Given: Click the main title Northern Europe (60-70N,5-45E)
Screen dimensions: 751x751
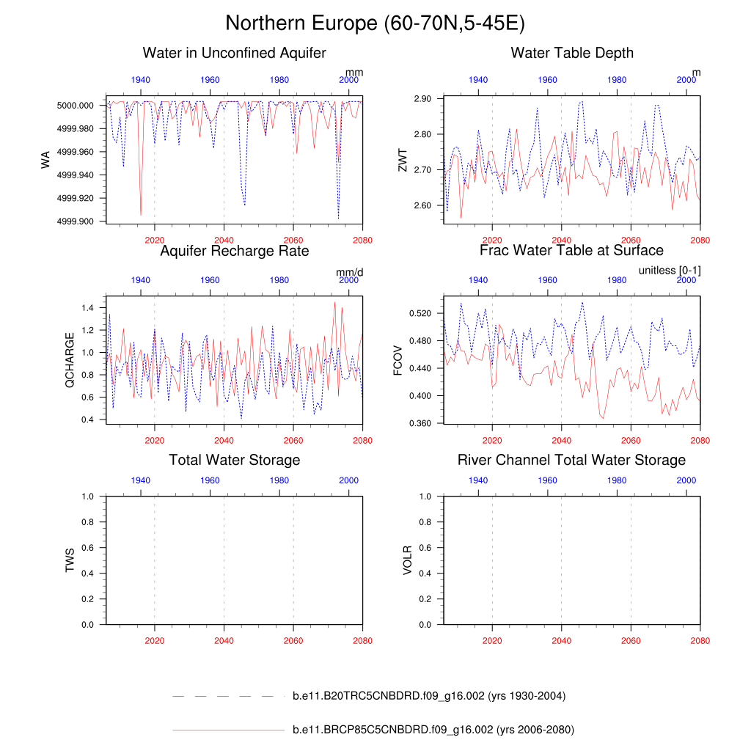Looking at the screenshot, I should [x=375, y=23].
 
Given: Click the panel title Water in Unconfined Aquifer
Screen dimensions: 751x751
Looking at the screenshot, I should [x=234, y=53].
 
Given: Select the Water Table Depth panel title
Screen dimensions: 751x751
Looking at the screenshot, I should [x=572, y=53].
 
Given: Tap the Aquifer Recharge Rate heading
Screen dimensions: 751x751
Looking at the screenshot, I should [x=234, y=251].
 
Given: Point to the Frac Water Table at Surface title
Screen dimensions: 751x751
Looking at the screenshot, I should [x=571, y=251].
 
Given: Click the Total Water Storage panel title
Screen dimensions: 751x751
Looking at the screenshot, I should [x=234, y=460].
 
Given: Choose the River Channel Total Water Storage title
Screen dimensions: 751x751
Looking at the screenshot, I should [x=571, y=460].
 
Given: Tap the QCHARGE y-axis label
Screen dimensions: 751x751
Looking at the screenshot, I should [x=70, y=359].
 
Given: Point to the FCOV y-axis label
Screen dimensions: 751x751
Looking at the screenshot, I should [x=397, y=359].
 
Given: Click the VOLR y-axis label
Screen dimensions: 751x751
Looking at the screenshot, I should [x=408, y=560].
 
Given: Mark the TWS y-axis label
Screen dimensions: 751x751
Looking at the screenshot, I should [x=70, y=560].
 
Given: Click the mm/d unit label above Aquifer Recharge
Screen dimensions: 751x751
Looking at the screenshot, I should [x=350, y=272].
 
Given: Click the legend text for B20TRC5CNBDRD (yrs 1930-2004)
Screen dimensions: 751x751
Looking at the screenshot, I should [x=428, y=696].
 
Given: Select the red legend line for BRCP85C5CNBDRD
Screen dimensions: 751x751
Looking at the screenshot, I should [x=228, y=730].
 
